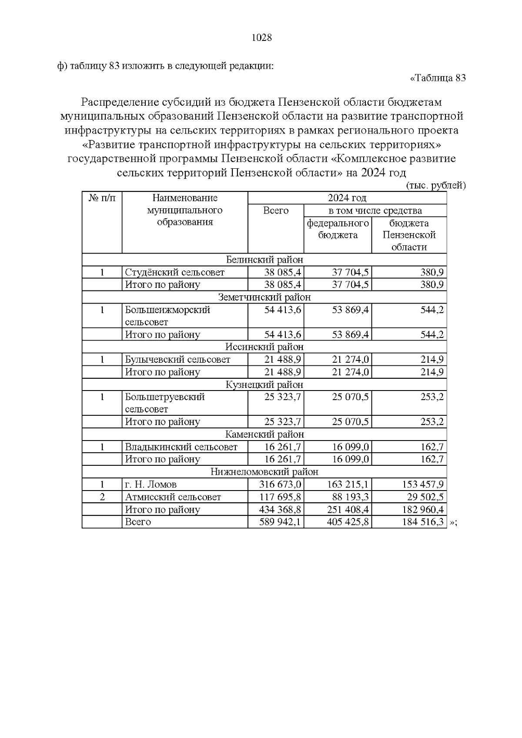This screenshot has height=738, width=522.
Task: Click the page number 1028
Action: pyautogui.click(x=262, y=38)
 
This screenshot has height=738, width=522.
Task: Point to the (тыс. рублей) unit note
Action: pyautogui.click(x=436, y=186)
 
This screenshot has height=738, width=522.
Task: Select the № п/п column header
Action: pyautogui.click(x=102, y=198)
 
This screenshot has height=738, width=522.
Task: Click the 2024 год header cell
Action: pyautogui.click(x=347, y=198)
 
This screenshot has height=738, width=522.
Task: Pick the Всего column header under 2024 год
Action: pyautogui.click(x=276, y=211)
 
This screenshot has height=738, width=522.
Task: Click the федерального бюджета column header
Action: pyautogui.click(x=338, y=229)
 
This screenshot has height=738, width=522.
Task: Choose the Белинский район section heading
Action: pyautogui.click(x=264, y=260)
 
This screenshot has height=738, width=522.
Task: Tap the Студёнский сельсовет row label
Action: pyautogui.click(x=174, y=273)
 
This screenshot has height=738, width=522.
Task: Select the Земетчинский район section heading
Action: pyautogui.click(x=264, y=297)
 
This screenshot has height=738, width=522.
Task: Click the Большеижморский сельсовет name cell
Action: pyautogui.click(x=167, y=316)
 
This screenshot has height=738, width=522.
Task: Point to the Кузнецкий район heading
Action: pyautogui.click(x=264, y=385)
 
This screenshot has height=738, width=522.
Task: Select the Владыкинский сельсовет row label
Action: pyautogui.click(x=181, y=447)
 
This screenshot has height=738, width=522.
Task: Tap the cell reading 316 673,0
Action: pyautogui.click(x=280, y=484)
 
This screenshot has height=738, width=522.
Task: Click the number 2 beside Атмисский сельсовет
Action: pyautogui.click(x=102, y=497)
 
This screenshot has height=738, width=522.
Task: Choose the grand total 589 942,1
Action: pyautogui.click(x=280, y=522)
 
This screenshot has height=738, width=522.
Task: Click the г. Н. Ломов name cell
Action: pyautogui.click(x=151, y=484)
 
